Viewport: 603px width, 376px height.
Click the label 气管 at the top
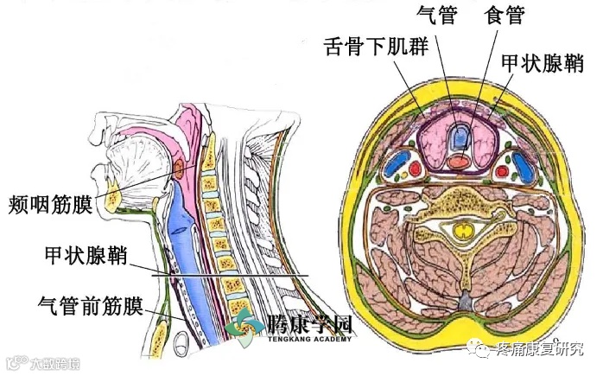pos(435,15)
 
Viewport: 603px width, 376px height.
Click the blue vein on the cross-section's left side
pos(397,161)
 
